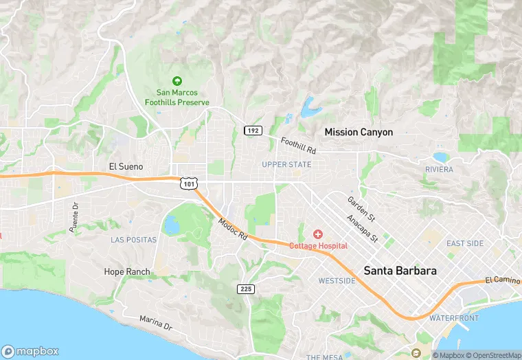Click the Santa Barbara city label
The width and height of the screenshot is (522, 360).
point(400,270)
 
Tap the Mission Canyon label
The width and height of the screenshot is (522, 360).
point(359,132)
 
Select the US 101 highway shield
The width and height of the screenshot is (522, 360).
point(190,183)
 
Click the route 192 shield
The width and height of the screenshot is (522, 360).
point(253,131)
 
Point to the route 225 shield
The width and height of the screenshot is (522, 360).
point(247,289)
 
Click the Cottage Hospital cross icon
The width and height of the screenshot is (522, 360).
point(318,235)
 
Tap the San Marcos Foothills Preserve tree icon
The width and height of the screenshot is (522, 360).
point(177,81)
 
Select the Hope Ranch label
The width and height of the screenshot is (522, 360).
point(126,271)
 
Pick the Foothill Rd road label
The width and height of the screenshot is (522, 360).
point(298,145)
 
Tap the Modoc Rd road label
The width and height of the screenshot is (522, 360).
point(232,228)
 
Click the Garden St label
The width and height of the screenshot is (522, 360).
point(361,208)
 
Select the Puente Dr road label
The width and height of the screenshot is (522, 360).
point(75,215)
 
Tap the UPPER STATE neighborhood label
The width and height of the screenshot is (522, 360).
point(286,164)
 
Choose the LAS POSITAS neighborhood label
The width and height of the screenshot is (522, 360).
point(133,240)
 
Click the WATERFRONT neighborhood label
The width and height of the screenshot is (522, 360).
point(454,318)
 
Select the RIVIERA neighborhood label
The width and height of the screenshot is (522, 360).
point(439,169)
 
